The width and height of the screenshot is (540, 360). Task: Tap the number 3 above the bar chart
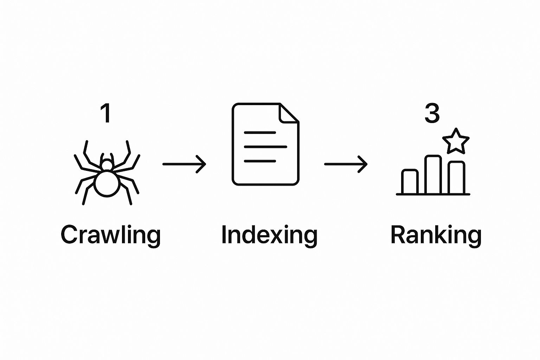tap(432, 113)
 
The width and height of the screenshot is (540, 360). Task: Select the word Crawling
tap(111, 235)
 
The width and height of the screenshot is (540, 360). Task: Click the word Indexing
tap(269, 235)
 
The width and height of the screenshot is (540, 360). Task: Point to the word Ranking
tap(436, 235)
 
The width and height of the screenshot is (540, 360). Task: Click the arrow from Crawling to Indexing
tap(184, 164)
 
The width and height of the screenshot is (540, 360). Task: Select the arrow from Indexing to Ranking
tap(346, 164)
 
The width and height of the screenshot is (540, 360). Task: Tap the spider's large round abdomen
tap(107, 183)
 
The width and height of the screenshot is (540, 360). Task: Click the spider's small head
tap(107, 165)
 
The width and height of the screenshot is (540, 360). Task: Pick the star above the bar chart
tap(456, 141)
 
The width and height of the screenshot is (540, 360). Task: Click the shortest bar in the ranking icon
tap(410, 182)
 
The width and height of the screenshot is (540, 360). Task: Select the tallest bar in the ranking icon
tap(433, 175)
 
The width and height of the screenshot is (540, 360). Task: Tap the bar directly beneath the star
tap(457, 178)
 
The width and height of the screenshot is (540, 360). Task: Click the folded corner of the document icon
tap(288, 113)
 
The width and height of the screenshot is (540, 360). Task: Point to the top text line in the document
tap(260, 133)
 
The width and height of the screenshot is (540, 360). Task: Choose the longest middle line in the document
tap(265, 147)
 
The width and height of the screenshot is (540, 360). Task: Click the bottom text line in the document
tap(260, 161)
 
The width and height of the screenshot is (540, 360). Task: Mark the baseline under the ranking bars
tap(433, 194)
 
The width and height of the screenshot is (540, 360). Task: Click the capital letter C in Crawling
tap(69, 234)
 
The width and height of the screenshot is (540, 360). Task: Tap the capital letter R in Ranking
tap(398, 234)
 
